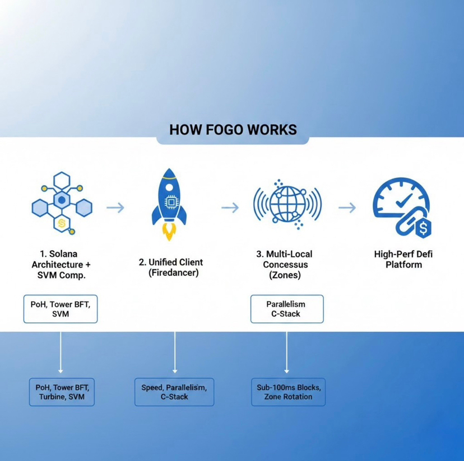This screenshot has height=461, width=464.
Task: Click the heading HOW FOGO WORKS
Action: [233, 130]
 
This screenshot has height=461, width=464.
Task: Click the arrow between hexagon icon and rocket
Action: [115, 208]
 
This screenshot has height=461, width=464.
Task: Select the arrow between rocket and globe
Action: [230, 208]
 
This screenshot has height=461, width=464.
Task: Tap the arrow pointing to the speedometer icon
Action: [347, 208]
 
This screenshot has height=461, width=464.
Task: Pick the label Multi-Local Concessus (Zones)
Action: [285, 264]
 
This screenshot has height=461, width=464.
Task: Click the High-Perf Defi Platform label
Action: [403, 259]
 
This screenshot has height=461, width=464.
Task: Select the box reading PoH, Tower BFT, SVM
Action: [61, 309]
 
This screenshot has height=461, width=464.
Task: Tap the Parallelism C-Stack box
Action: [286, 309]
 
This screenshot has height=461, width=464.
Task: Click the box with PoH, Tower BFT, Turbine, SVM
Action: [62, 392]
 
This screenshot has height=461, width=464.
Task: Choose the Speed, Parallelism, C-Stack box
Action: [174, 392]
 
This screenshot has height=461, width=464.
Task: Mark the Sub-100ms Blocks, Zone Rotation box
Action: [287, 392]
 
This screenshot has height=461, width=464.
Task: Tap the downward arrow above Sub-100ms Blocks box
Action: [287, 352]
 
